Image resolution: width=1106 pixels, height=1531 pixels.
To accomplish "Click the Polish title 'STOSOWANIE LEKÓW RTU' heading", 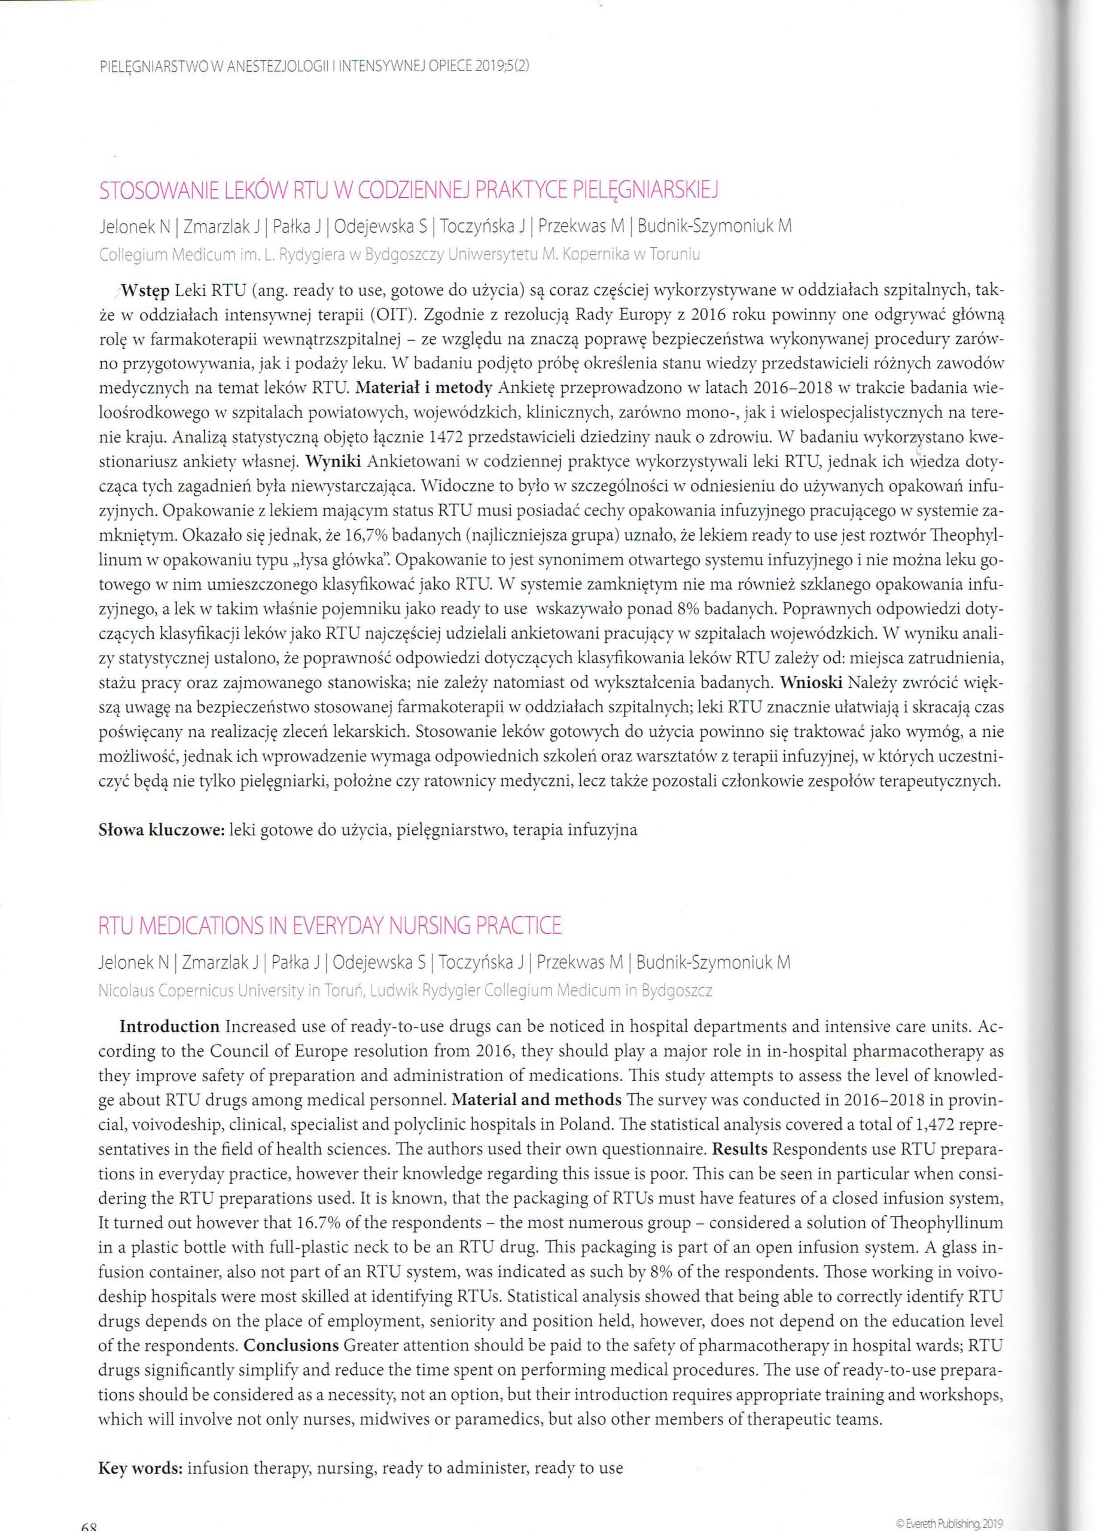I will point(408,191).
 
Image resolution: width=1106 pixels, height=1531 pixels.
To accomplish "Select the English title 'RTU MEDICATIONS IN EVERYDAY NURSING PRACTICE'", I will point(330,924).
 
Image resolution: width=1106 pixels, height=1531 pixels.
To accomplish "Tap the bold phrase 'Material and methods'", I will point(536,1100).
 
